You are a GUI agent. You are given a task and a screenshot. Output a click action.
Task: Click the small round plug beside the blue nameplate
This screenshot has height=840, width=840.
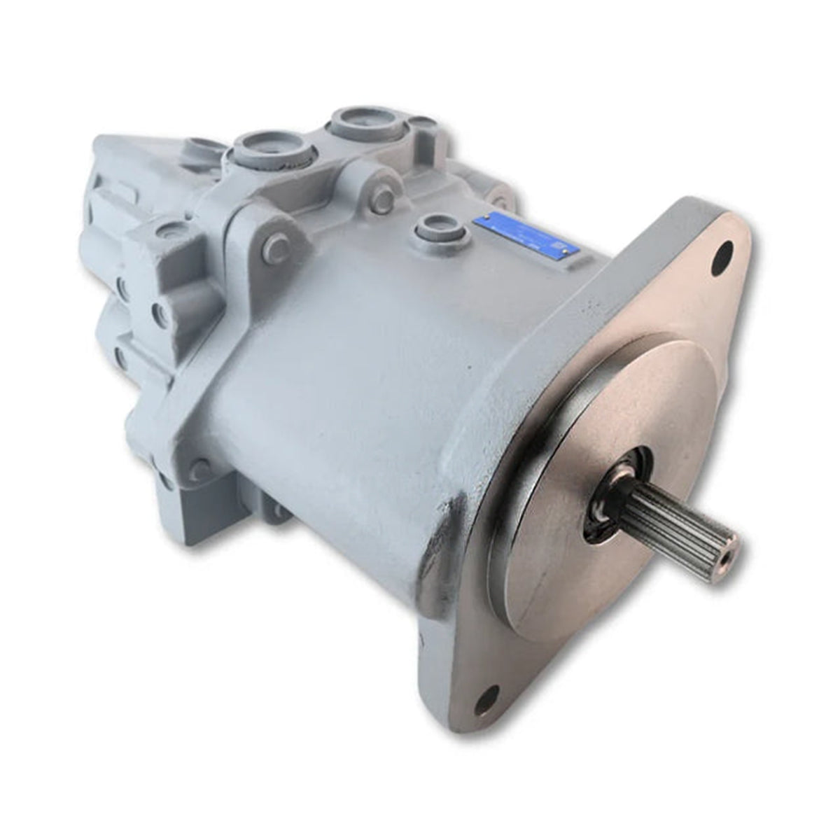(x=428, y=226)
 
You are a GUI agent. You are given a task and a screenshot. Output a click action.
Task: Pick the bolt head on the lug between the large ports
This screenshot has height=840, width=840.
(x=382, y=199)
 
